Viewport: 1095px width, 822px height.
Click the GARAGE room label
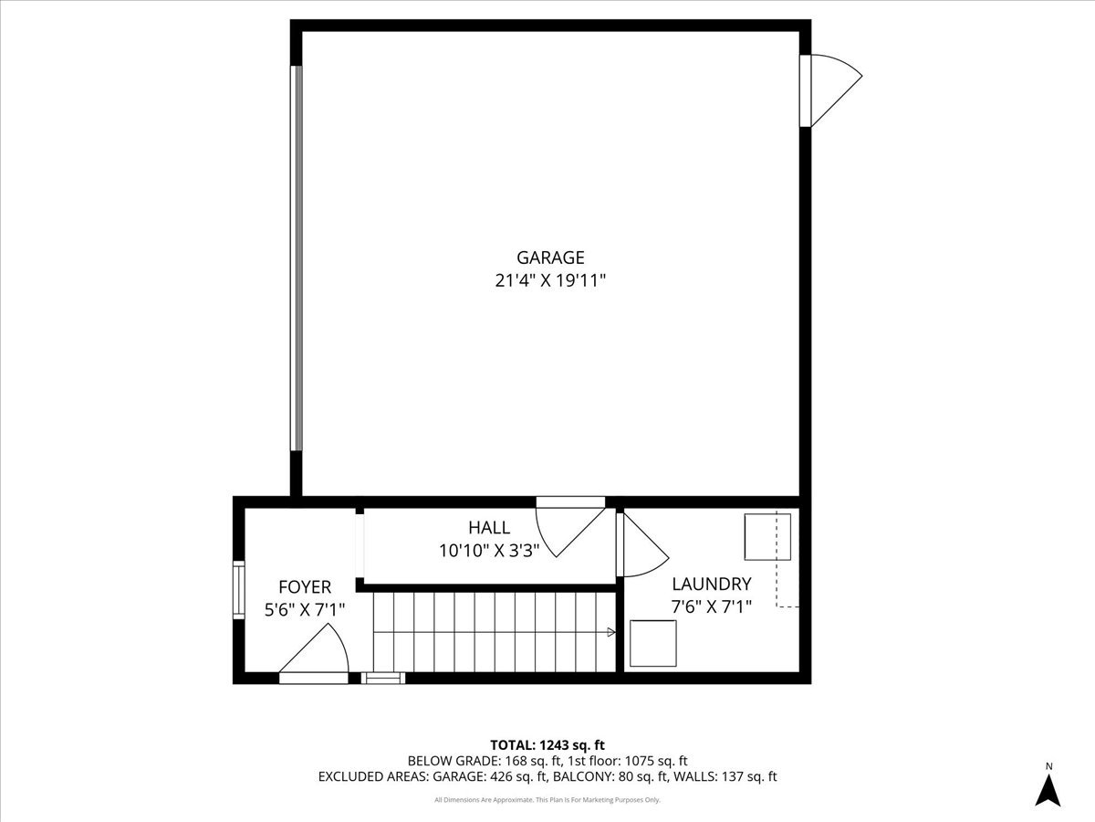549,258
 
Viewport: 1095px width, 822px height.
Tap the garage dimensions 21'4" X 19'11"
549,281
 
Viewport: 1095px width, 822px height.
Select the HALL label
489,527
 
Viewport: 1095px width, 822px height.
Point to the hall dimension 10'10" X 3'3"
489,550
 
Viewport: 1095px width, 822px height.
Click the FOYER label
305,586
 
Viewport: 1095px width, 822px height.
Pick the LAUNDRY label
711,584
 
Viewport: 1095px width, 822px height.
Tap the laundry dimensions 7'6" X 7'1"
711,606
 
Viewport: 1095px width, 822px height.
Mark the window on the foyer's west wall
238,592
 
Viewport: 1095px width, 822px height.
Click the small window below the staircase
383,678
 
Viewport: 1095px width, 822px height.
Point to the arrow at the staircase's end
610,631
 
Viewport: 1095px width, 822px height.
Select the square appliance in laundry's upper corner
766,537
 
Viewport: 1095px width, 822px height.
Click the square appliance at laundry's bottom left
653,643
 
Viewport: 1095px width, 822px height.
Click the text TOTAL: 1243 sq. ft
547,745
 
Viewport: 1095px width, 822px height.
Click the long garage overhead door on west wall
295,258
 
